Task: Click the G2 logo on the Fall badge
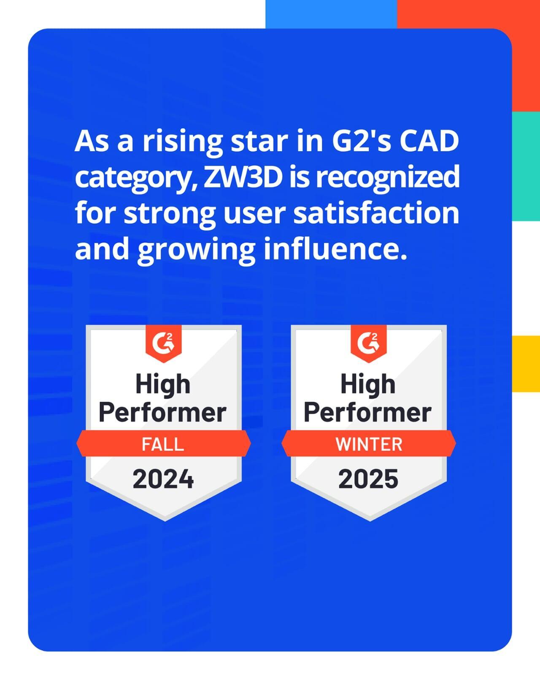163,343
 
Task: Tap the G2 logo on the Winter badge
369,343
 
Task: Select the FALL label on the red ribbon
162,444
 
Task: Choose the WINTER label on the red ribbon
369,444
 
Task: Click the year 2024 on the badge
163,479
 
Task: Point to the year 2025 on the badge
368,479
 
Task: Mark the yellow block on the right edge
526,363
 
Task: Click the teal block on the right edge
526,166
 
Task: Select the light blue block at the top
331,14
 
